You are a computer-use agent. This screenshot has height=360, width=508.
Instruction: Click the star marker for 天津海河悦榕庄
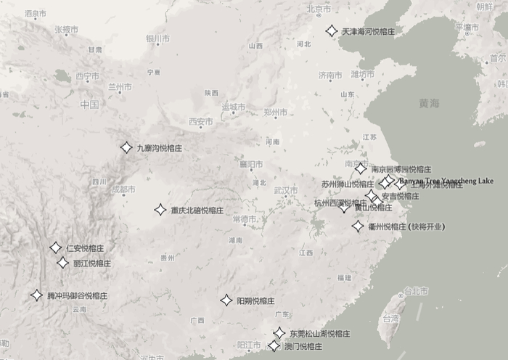pos(331,31)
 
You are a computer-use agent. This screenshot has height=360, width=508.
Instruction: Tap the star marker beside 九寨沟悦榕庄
pos(126,148)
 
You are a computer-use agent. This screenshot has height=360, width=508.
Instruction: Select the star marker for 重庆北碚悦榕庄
pos(160,210)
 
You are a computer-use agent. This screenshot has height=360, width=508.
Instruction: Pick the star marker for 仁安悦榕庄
pos(55,247)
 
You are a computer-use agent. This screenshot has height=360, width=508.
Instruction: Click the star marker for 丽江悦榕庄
pos(62,263)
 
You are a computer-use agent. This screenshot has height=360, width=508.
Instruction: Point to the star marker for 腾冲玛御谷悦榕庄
pos(36,295)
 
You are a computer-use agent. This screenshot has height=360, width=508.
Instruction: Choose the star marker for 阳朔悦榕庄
pos(226,300)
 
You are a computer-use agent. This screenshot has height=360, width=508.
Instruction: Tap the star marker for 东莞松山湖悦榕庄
pos(279,333)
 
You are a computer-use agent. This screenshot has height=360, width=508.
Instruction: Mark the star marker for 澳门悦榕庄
pos(274,346)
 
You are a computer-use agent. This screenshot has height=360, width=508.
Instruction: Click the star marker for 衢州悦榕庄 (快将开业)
pos(358,226)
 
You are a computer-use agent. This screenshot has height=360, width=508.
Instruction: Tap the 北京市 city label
pos(319,9)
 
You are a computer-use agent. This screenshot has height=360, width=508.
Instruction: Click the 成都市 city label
pos(123,189)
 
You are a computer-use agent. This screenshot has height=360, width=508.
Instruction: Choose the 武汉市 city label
pos(285,190)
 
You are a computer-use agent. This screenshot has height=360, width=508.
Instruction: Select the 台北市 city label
pos(416,291)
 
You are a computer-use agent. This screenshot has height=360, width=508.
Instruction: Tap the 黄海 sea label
pos(429,104)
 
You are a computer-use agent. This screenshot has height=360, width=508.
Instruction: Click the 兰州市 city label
pos(120,87)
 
